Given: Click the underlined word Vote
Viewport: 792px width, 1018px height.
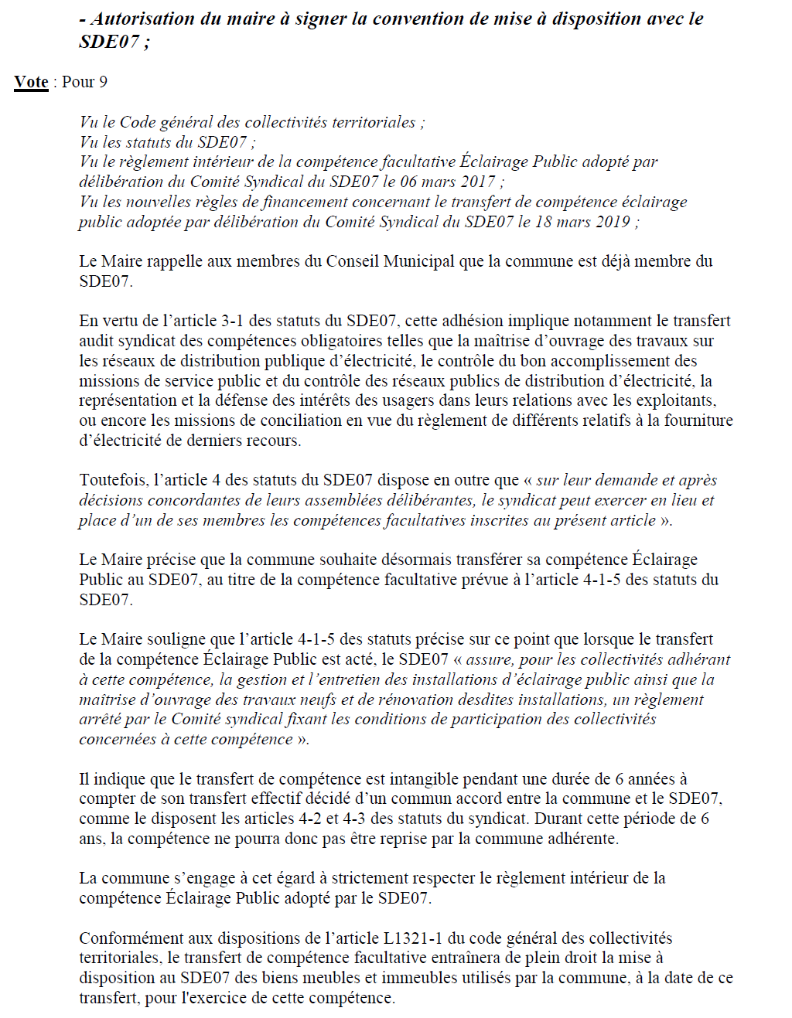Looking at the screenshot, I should pyautogui.click(x=31, y=82).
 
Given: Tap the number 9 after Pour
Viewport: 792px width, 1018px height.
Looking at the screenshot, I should pyautogui.click(x=103, y=82).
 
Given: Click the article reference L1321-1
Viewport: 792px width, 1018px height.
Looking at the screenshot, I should pyautogui.click(x=413, y=938).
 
